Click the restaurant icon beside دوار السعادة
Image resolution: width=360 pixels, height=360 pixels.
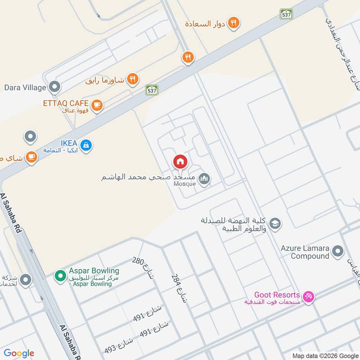point(233,22)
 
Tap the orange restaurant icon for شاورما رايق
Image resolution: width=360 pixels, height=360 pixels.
point(132,80)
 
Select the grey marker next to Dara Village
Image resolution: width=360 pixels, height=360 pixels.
point(55,86)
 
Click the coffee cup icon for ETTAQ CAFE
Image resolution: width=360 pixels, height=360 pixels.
point(97,106)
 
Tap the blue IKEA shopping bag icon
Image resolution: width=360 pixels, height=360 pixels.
point(86,145)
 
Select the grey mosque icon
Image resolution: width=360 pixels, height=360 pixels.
point(205,180)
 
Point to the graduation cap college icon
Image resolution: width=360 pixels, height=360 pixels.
point(275,222)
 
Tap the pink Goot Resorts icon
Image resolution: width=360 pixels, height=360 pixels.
point(308,297)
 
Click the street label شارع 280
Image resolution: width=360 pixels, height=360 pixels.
point(143,268)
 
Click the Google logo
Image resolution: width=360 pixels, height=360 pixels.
point(19,353)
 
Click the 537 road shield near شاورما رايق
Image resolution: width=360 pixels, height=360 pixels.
point(152,90)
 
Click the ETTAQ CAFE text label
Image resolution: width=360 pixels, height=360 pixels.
point(66,103)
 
